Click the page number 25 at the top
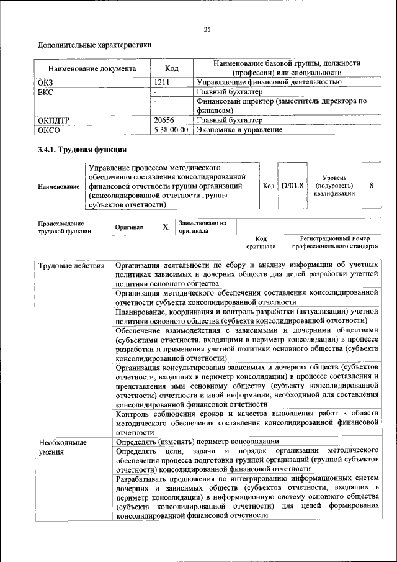tap(207, 29)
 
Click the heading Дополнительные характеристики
tap(94, 45)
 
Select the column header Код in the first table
tap(171, 68)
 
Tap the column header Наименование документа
tap(92, 68)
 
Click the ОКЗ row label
tap(47, 82)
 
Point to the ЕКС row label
tap(47, 92)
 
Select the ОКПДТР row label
tap(55, 120)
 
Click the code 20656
tap(165, 120)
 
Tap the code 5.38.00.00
tap(171, 130)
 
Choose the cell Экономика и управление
tap(239, 130)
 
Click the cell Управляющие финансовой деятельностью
tap(269, 82)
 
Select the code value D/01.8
tap(291, 185)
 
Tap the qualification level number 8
tap(371, 185)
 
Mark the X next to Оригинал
tap(165, 227)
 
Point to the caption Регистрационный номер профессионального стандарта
tap(330, 242)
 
